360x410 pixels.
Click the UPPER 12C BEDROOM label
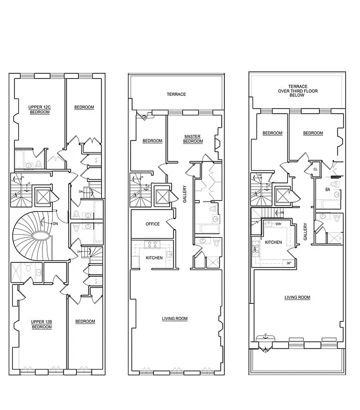pos(39,109)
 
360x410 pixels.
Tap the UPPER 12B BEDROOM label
pos(41,324)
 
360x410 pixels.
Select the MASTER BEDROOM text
pos(193,138)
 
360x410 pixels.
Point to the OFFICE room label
pos(152,224)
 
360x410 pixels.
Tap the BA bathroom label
pos(327,190)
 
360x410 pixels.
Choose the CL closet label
pos(316,169)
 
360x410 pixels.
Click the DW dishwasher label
pos(278,224)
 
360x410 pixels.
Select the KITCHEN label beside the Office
pos(154,258)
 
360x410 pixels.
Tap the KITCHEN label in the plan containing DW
pos(273,242)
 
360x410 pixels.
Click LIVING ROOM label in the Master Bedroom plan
pos(174,319)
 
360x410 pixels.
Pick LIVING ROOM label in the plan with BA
pos(298,297)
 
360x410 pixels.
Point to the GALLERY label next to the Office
pos(185,194)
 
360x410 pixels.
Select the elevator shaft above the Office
pos(162,196)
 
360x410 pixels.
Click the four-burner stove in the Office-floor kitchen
pos(153,244)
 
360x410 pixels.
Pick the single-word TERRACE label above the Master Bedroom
pos(176,94)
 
